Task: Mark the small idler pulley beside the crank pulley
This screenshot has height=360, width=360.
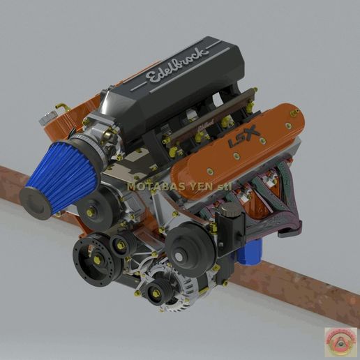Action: [x=120, y=245]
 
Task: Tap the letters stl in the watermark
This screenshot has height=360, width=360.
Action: [x=224, y=186]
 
